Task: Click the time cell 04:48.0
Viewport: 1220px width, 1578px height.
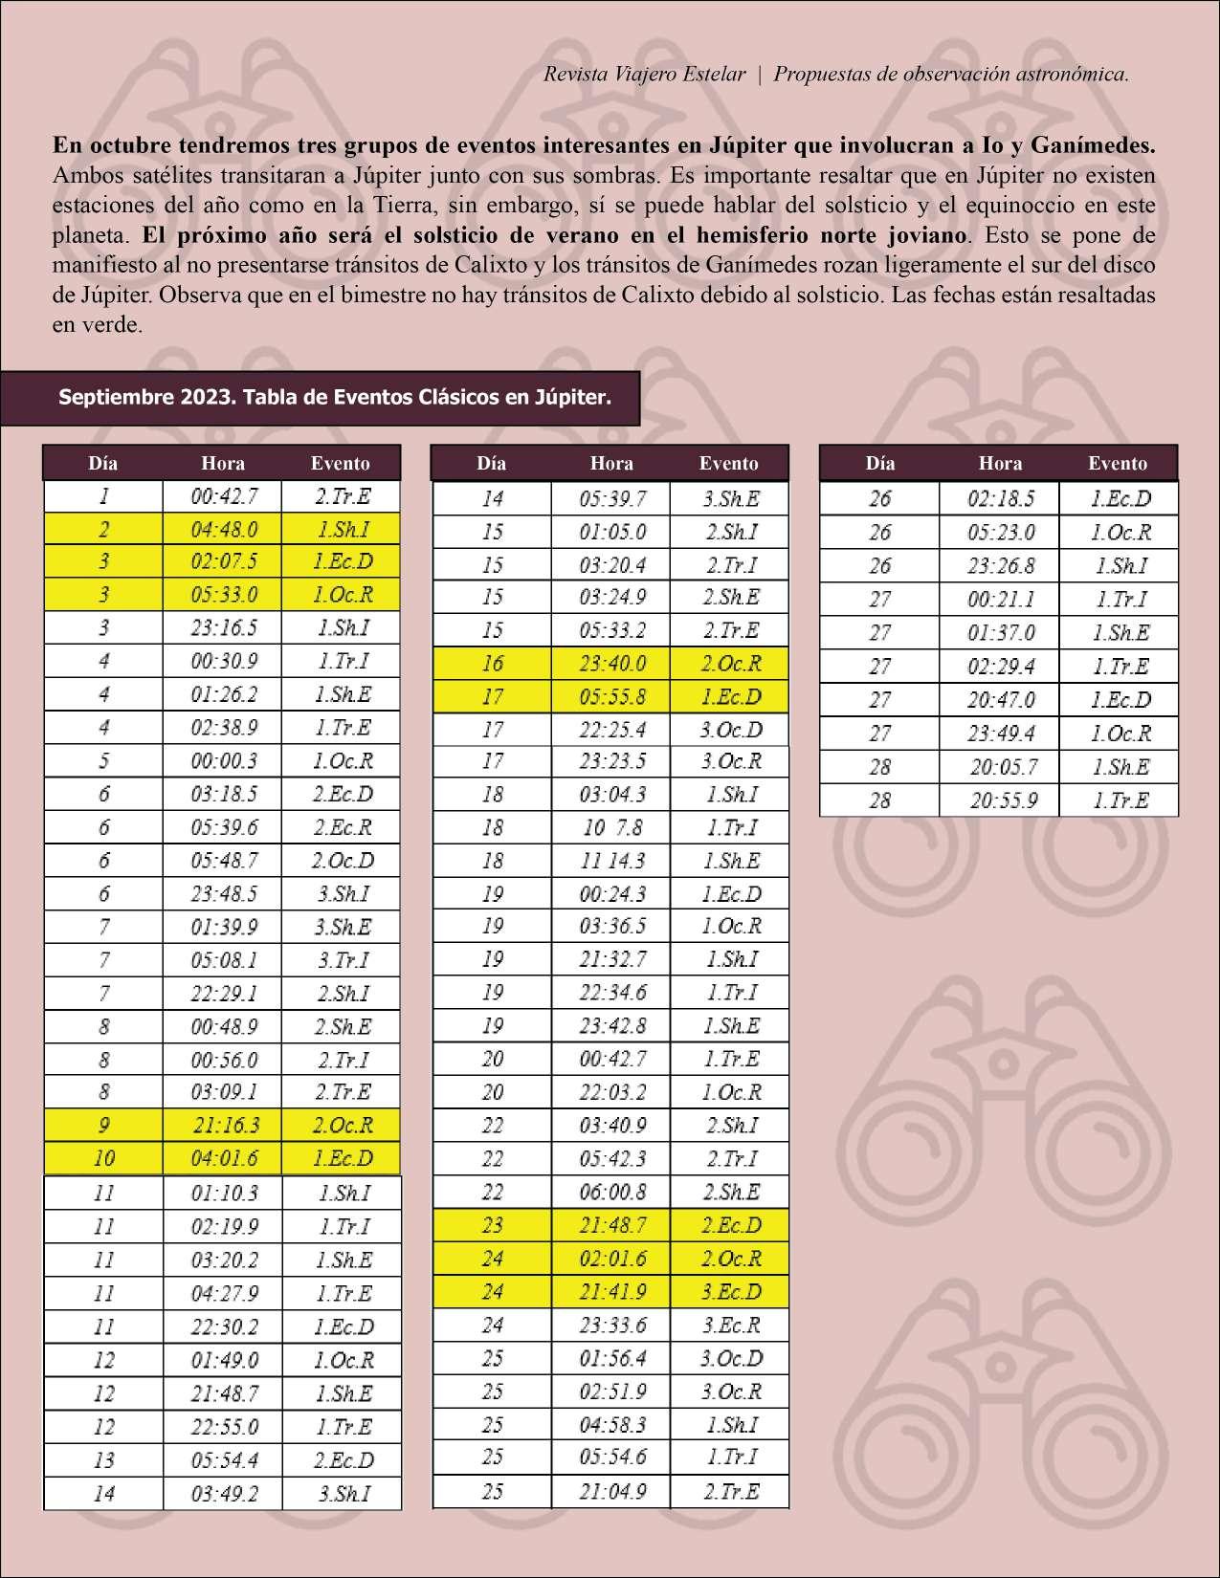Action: click(x=223, y=529)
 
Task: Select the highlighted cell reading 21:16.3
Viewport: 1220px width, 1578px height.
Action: click(x=223, y=1126)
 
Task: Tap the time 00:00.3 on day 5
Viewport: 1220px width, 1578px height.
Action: click(x=223, y=761)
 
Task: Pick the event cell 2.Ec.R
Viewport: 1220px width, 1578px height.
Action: click(x=342, y=827)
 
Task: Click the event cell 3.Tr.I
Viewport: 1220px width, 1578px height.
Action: click(x=342, y=960)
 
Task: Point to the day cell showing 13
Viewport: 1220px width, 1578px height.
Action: click(x=103, y=1460)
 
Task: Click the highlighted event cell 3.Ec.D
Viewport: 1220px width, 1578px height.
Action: click(x=730, y=1292)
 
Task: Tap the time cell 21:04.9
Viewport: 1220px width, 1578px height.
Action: click(x=611, y=1491)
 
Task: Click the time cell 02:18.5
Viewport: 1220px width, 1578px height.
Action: click(x=1000, y=498)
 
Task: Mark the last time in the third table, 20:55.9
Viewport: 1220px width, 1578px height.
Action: click(x=1000, y=800)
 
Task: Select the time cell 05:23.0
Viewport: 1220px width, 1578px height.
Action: click(x=1000, y=532)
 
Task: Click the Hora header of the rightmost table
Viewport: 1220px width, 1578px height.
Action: click(x=1000, y=463)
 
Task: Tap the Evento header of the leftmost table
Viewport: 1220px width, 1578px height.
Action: click(x=340, y=463)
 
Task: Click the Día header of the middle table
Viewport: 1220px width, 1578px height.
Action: click(x=491, y=463)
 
